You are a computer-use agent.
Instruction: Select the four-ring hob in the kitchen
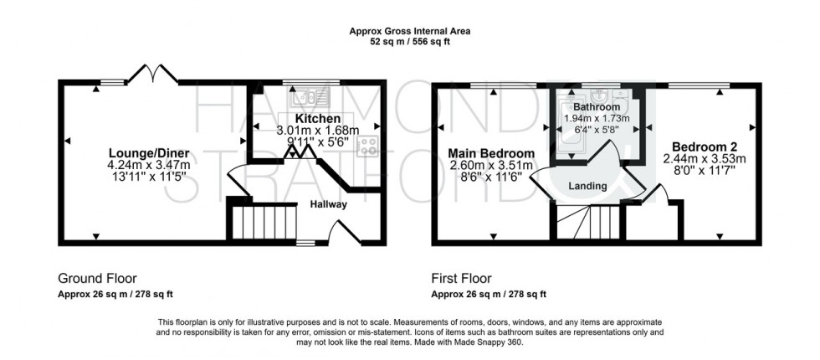point(367,147)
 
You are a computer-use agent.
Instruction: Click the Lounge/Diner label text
point(148,152)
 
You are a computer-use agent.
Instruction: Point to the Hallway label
point(328,204)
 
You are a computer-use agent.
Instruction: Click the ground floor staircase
point(264,224)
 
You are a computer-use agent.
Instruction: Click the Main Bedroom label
point(491,154)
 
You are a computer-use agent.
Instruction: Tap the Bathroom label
point(597,108)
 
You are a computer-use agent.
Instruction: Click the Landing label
point(587,186)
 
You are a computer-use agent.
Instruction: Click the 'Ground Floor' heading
point(97,279)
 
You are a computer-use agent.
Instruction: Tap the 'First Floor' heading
point(461,279)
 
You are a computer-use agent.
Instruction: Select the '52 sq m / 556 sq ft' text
point(410,42)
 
